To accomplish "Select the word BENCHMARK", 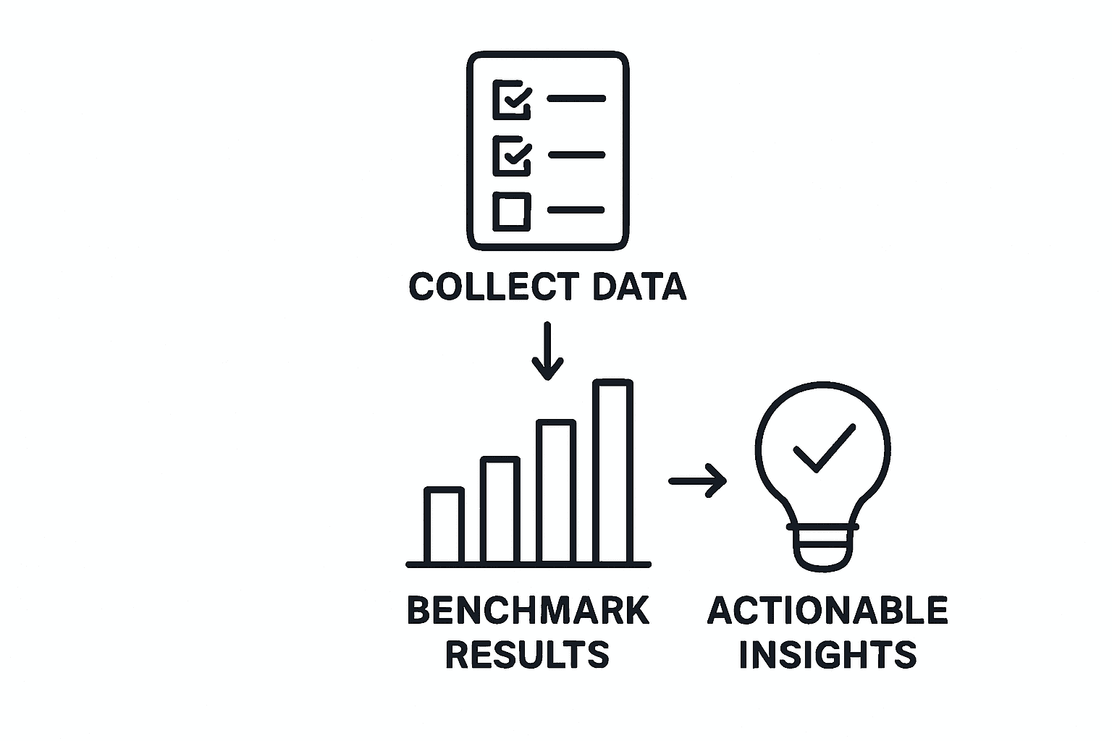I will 528,611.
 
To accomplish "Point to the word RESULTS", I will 527,654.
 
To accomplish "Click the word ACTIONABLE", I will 827,611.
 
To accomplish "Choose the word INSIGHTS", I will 827,654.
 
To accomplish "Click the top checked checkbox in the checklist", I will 512,99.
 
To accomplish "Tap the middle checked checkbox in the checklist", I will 512,155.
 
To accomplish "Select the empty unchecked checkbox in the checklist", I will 512,211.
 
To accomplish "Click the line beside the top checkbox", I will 576,98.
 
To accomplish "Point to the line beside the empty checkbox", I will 576,210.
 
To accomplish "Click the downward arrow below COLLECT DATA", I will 547,351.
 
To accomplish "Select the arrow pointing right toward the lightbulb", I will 698,480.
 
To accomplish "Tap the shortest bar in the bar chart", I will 444,526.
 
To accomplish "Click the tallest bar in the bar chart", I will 613,472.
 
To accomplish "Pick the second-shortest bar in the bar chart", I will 500,511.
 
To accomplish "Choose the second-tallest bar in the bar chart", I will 557,492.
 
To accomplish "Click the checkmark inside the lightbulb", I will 824,448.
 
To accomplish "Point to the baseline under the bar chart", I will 528,564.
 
